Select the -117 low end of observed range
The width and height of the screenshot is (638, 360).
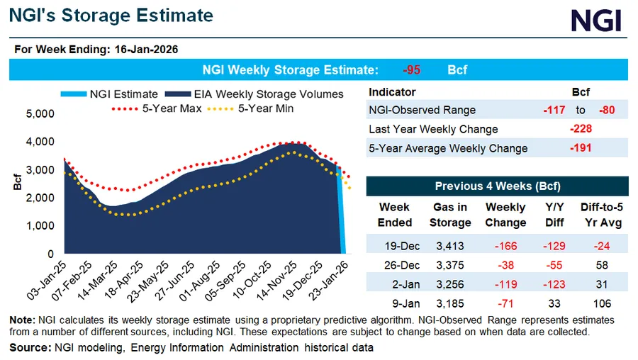[x=553, y=110]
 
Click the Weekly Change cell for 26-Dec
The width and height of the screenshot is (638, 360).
[x=505, y=266]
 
